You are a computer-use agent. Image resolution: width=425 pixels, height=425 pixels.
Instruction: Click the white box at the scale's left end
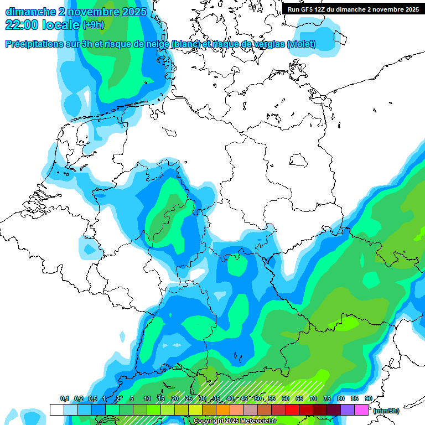coord(56,410)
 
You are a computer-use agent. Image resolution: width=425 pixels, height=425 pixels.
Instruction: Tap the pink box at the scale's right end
coord(361,410)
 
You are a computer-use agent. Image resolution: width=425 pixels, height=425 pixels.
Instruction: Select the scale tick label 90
coord(369,399)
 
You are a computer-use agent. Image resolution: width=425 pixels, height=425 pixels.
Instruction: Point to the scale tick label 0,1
coord(64,399)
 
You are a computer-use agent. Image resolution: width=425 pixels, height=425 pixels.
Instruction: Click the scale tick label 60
coord(286,399)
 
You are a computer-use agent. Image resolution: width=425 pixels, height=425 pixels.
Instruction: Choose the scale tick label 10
coord(147,399)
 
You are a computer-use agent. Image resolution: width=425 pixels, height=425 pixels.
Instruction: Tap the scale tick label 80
coord(341,399)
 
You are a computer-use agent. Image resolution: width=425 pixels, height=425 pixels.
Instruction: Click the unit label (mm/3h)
coord(386,411)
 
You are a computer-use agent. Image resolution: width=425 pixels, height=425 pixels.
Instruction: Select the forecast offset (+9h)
coord(93,25)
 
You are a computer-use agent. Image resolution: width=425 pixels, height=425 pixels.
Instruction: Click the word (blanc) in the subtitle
coord(186,44)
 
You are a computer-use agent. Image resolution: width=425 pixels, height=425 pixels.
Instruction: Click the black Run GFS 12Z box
coord(353,9)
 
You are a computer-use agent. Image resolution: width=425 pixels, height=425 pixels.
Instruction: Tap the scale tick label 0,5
coord(92,399)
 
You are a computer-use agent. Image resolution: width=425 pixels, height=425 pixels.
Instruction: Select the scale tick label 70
coord(313,399)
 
